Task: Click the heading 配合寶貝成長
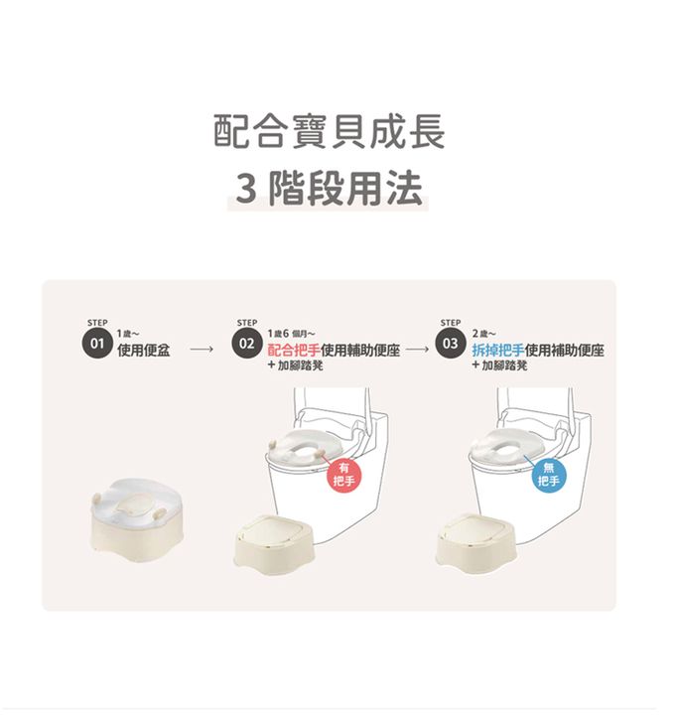click(330, 131)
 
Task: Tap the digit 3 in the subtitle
click(246, 189)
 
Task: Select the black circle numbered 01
click(97, 344)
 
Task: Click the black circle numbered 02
click(246, 344)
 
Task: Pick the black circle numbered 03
click(450, 344)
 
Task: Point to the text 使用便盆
click(143, 350)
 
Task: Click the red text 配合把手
click(294, 350)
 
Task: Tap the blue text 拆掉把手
click(498, 350)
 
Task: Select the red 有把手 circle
click(343, 475)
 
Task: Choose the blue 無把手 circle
click(548, 475)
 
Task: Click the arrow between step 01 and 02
click(202, 350)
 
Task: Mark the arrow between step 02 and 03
click(418, 350)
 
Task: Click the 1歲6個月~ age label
click(291, 334)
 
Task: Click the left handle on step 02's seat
click(273, 444)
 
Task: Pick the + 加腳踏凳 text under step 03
click(499, 366)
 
